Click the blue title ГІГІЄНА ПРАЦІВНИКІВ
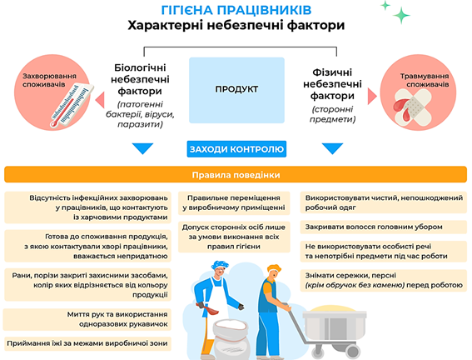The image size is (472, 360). point(236,10)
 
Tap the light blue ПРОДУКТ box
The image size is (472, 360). point(236,90)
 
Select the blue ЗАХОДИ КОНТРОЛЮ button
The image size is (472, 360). point(236,149)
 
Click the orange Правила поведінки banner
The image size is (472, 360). point(236,175)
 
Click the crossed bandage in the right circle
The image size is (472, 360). point(413,107)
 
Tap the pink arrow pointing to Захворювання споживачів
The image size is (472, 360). point(100,100)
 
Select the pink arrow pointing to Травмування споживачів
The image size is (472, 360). point(372,97)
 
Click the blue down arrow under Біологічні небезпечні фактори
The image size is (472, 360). point(142,148)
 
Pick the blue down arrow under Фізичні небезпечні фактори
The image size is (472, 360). point(332,148)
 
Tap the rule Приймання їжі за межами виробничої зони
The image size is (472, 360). point(87,343)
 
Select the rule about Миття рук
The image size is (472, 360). point(87,319)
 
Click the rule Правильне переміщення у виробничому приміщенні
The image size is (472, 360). point(234,202)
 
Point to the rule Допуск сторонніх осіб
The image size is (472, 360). point(234,237)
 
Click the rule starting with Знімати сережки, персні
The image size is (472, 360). point(384,281)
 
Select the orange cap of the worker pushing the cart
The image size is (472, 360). point(274,267)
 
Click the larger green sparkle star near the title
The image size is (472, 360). point(401,15)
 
